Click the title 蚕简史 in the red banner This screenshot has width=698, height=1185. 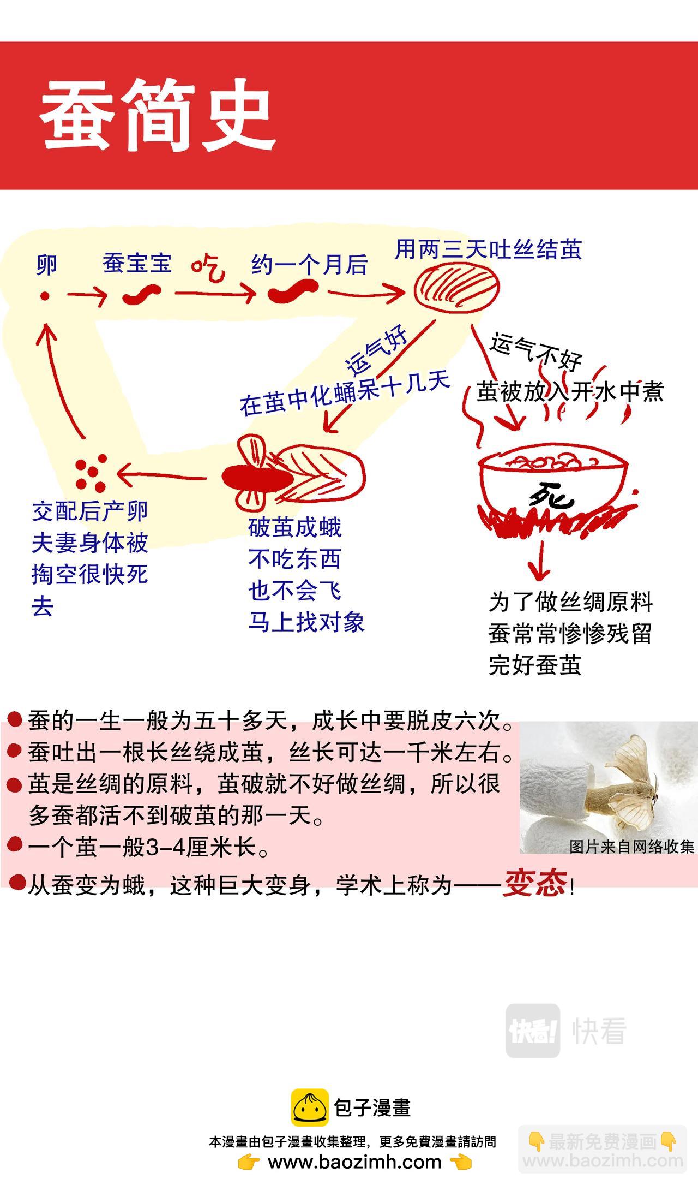point(157,116)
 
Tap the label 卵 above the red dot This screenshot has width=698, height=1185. point(46,265)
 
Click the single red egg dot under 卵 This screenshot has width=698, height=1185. point(45,296)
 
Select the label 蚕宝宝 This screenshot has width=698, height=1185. point(137,263)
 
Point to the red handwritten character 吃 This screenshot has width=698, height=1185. point(208,267)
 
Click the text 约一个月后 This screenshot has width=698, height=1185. point(309,265)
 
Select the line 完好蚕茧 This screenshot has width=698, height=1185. point(535,665)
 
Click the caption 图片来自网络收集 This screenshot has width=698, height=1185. point(631,847)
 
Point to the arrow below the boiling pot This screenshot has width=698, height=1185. point(540,562)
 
